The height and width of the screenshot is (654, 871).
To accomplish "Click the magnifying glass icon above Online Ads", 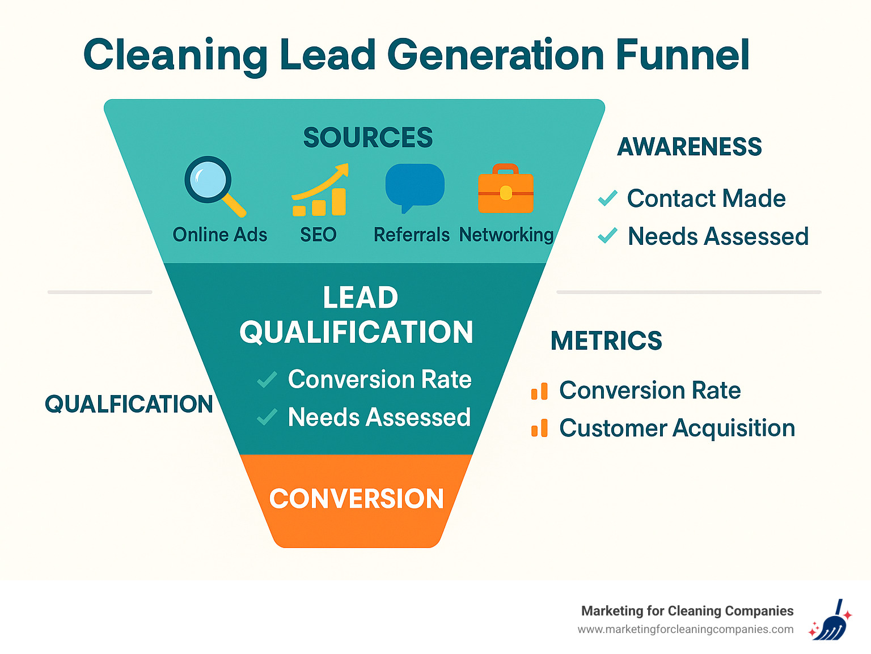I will pos(210,181).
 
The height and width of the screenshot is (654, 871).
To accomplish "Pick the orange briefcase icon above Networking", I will pos(506,190).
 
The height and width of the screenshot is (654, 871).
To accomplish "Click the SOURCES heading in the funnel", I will pos(368,138).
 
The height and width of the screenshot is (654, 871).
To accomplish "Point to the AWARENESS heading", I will pos(689,147).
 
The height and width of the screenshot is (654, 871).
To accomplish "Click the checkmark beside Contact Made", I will pos(607,198).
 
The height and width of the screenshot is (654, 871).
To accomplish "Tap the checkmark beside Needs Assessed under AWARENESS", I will pos(607,236).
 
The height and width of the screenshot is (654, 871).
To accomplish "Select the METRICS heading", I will pos(606,341).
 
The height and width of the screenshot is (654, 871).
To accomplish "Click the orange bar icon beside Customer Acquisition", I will pos(539,428).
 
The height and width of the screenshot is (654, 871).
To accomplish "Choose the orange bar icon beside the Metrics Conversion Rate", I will pos(539,391).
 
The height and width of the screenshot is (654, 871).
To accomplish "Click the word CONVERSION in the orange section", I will pos(356,499).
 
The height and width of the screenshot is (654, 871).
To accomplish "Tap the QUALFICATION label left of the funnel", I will pos(129,404).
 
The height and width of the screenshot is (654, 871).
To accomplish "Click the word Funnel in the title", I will pos(682,55).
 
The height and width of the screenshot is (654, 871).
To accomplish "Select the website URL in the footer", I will pos(685,630).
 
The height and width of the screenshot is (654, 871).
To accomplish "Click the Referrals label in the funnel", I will pos(411,235).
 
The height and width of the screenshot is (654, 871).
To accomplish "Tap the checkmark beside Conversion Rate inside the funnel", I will pos(267,380).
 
